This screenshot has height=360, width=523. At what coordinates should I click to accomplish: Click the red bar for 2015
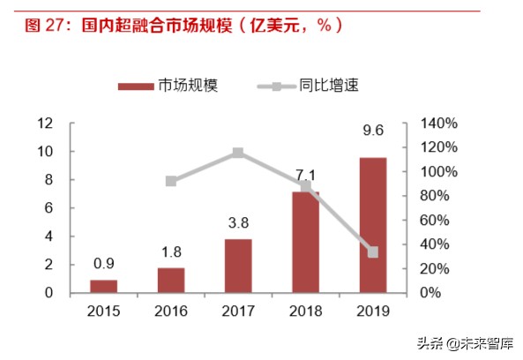[x=103, y=286]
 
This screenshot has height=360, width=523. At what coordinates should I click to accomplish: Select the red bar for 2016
[x=171, y=280]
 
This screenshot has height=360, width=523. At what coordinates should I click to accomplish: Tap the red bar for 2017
[x=238, y=266]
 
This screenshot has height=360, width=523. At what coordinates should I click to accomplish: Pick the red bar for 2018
[x=305, y=242]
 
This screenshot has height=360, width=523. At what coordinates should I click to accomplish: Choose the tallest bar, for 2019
[x=372, y=225]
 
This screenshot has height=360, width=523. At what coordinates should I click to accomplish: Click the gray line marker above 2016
[x=171, y=181]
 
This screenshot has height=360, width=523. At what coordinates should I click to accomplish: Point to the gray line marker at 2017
[x=238, y=154]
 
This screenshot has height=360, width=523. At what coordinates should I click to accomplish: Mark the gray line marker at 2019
[x=372, y=252]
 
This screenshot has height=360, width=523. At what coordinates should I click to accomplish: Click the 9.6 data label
[x=372, y=131]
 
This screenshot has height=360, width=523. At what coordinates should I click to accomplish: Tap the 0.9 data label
[x=103, y=262]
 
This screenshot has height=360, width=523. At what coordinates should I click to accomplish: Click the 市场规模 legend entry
[x=168, y=86]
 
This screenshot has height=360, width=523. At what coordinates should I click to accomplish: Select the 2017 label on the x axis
[x=238, y=311]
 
